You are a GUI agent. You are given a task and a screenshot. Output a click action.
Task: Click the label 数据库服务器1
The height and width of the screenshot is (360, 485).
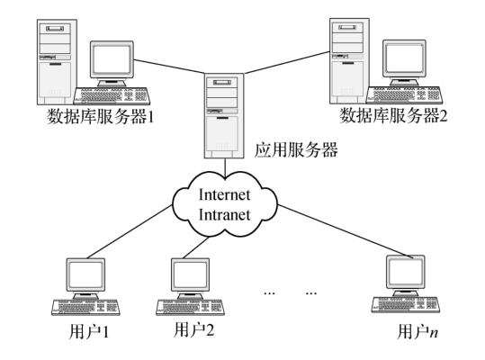tap(100, 117)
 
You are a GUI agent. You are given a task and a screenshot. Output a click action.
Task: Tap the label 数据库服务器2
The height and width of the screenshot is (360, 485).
tap(393, 116)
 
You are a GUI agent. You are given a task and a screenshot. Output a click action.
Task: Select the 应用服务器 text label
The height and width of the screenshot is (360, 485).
tap(296, 150)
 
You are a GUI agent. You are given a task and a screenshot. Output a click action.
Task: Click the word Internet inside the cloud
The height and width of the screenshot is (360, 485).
tap(224, 194)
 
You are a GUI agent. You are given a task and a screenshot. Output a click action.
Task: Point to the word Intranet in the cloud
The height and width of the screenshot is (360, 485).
tap(224, 214)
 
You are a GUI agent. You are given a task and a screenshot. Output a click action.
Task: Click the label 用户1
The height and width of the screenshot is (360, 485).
tap(89, 332)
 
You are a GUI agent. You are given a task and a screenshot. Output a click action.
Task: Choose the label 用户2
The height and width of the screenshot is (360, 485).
tap(194, 329)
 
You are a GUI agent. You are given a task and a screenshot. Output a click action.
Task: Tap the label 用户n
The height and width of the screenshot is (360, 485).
tap(418, 332)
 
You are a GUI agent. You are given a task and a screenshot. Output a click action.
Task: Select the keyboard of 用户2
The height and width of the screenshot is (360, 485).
tap(190, 307)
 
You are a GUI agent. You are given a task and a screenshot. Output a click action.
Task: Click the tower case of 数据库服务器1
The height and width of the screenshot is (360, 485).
tap(57, 62)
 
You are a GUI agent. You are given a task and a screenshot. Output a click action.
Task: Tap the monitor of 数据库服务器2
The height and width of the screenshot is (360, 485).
tap(404, 62)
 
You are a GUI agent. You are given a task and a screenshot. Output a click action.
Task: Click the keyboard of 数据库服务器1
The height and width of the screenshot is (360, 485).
tap(112, 95)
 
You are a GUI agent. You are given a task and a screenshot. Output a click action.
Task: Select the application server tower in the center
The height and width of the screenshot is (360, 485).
tap(224, 116)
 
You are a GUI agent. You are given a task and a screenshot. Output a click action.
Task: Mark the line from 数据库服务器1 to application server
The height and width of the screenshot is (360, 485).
tap(169, 67)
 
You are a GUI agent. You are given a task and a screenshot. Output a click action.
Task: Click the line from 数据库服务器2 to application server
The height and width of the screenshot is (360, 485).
tap(287, 63)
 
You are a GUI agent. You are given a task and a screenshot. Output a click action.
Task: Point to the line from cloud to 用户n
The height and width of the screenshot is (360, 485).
tap(346, 230)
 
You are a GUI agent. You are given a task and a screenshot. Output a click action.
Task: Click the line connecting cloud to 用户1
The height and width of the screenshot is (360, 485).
tap(130, 231)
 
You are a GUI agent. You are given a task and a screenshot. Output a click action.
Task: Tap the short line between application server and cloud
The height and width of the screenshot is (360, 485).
tap(225, 168)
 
